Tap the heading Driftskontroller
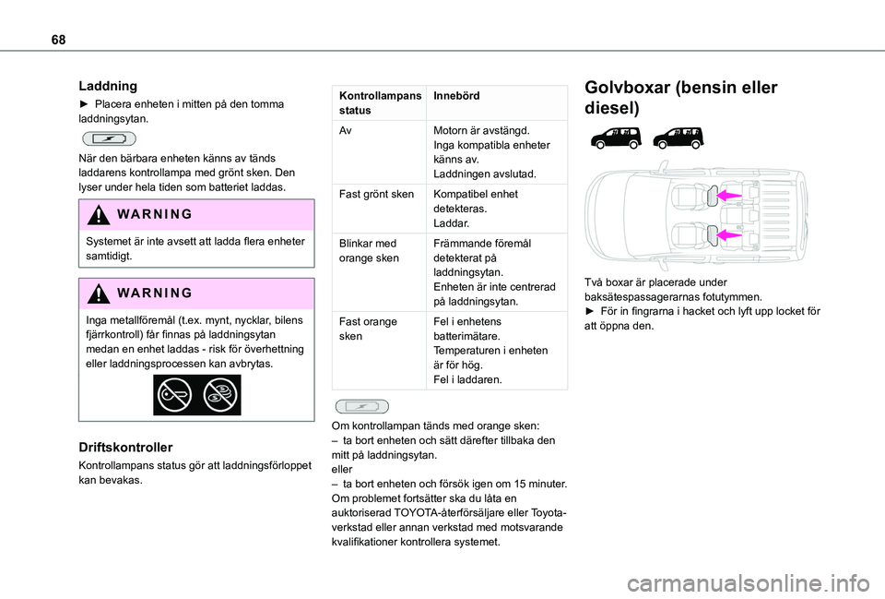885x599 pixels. click(x=125, y=447)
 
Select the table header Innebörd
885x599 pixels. click(x=456, y=96)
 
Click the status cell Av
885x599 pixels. click(x=345, y=131)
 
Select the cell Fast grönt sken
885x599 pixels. click(x=375, y=195)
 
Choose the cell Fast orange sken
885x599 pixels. click(x=368, y=329)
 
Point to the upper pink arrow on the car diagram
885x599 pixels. click(x=729, y=195)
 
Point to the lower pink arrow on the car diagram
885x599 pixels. click(x=729, y=235)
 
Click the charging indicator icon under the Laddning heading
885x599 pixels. click(x=108, y=138)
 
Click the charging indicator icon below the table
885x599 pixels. click(x=360, y=405)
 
